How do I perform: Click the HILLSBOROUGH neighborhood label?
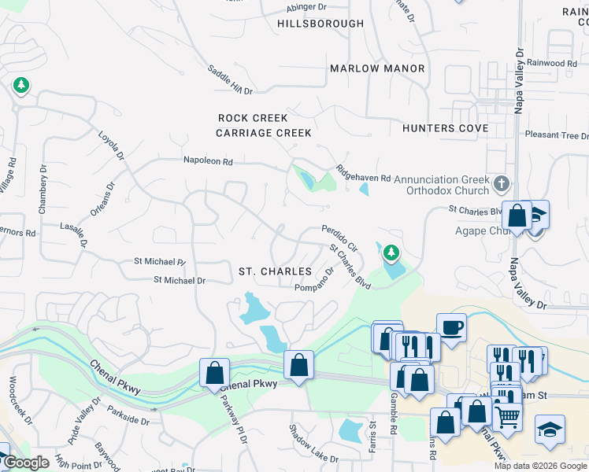tap(320, 24)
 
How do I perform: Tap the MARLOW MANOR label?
tap(377, 68)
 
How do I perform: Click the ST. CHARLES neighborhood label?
tap(276, 271)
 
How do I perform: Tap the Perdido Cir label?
tap(339, 238)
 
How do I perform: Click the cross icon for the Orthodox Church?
tap(502, 185)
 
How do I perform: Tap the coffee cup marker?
tap(452, 326)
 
